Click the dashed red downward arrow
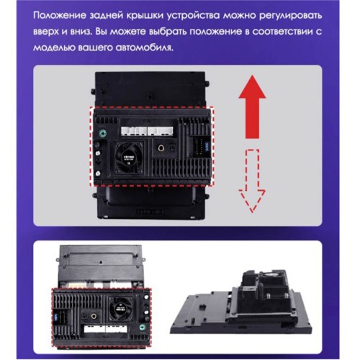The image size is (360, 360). (x=252, y=181)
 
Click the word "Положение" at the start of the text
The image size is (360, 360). (x=60, y=16)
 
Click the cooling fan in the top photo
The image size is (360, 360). (x=129, y=157)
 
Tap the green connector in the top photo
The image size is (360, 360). (x=103, y=132)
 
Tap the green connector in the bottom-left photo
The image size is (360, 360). (x=143, y=327)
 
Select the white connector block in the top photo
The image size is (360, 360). (x=147, y=132)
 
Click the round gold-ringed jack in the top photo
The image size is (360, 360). (x=161, y=148)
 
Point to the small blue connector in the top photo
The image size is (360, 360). (x=207, y=145)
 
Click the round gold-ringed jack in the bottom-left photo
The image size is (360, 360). (x=94, y=316)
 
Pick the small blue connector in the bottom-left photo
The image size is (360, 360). (x=56, y=315)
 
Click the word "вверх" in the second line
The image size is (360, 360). (x=46, y=32)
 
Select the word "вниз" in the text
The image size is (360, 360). (x=81, y=32)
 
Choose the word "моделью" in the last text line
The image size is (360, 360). (x=53, y=48)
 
